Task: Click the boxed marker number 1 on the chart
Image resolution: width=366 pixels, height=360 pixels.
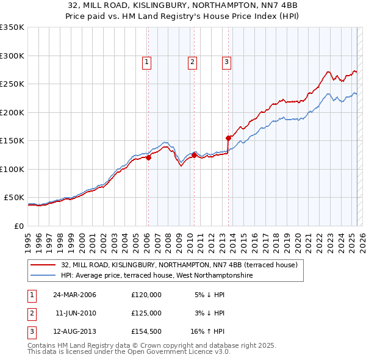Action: point(148,61)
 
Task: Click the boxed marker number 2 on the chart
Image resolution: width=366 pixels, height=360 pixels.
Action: point(192,61)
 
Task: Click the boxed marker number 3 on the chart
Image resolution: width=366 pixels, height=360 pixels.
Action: point(226,61)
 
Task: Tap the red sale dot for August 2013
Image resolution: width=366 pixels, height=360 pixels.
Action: point(228,138)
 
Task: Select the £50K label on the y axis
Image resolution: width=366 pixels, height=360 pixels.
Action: point(14,198)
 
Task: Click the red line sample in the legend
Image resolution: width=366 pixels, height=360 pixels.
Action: point(43,265)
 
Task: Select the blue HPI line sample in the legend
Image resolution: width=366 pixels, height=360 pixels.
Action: point(43,276)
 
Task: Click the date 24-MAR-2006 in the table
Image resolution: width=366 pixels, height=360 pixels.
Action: point(74,295)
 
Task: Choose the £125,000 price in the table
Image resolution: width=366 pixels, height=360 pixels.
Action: point(146,313)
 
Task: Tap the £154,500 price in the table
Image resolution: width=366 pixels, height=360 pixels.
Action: point(146,331)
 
